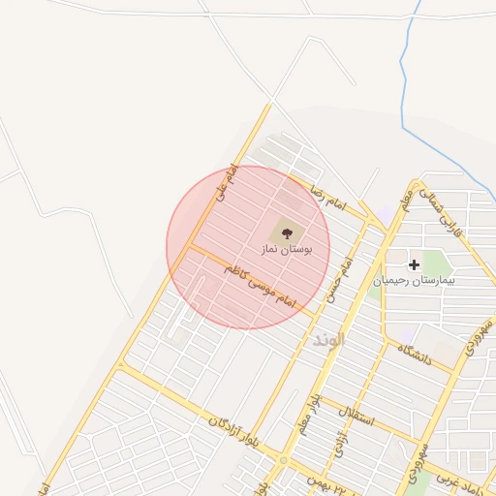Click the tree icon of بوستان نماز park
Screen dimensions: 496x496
point(286,232)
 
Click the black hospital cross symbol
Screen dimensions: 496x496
point(415,263)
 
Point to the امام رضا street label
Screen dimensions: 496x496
point(324,195)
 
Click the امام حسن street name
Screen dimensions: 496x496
point(336,281)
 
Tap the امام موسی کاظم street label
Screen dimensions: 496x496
point(258,287)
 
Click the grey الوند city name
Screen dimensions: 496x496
point(328,340)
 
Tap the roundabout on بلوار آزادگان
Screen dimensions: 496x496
point(282,459)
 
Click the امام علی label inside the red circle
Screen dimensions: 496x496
point(226,184)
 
